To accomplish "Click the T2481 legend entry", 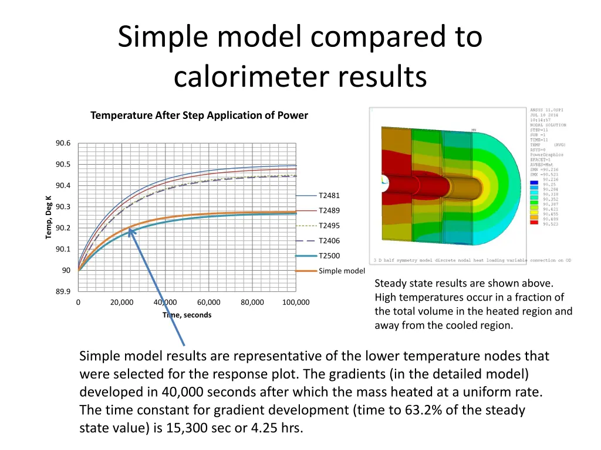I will [x=329, y=196].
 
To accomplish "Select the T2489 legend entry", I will [x=329, y=211].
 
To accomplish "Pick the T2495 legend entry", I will [x=329, y=226].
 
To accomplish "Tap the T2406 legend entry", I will [x=329, y=241].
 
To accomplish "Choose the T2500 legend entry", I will [x=329, y=256].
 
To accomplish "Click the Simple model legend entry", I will [x=341, y=271].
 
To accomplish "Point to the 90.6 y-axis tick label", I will [x=63, y=144].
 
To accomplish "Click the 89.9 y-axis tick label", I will [x=63, y=292].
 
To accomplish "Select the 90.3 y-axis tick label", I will [x=63, y=207].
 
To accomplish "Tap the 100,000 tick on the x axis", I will [x=296, y=303].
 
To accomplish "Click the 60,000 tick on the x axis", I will [x=208, y=303].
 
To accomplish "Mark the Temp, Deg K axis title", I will [x=49, y=217].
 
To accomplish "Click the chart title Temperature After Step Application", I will [x=199, y=115].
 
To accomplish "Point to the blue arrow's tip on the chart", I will [x=130, y=230].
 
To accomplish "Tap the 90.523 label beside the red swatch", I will [x=551, y=224].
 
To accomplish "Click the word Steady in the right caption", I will [x=390, y=284].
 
